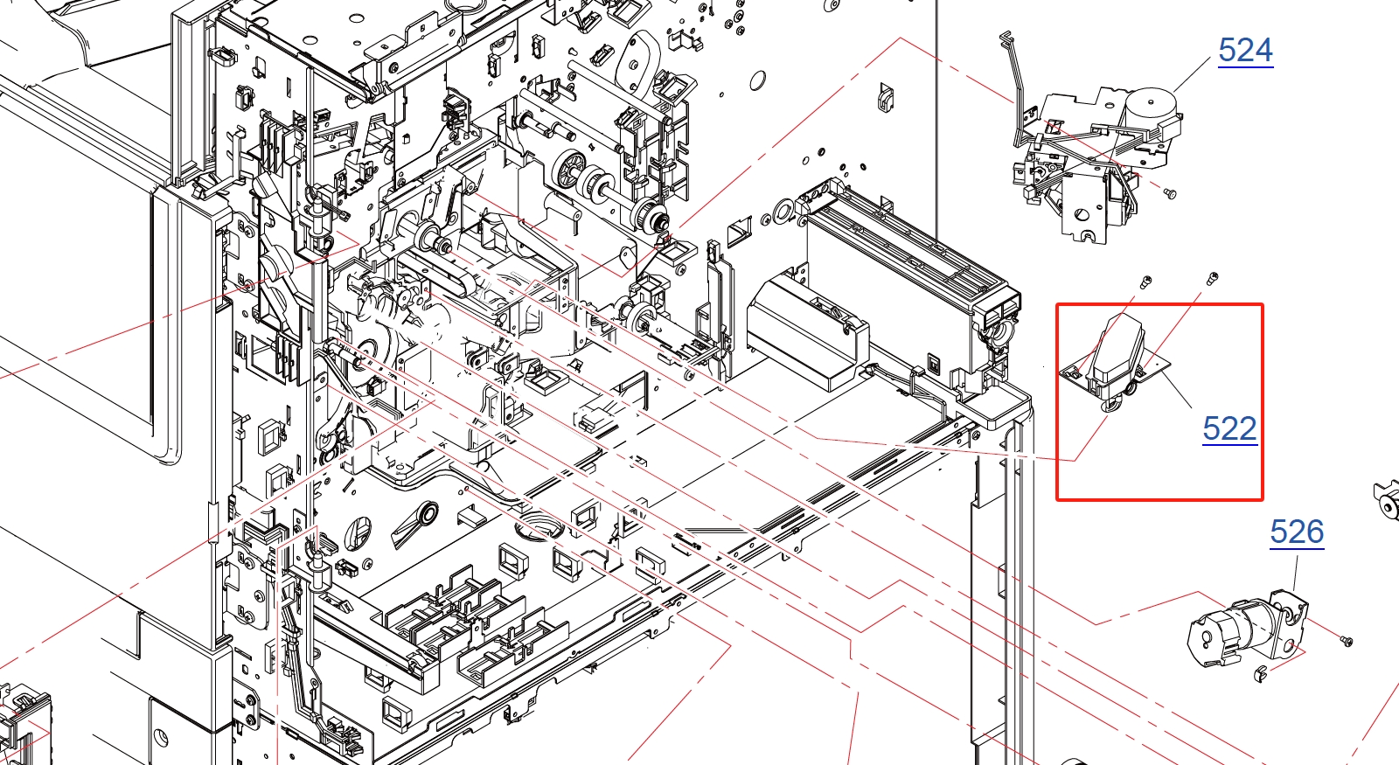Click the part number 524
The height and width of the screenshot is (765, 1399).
1245,50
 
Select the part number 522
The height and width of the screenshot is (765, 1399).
1229,428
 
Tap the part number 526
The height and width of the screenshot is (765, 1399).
1298,532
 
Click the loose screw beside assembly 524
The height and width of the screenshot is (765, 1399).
1170,193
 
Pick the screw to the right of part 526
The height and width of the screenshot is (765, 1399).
1347,641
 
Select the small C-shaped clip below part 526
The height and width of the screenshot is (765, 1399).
1259,673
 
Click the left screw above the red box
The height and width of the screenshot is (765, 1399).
1146,282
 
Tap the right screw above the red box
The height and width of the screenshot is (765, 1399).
1212,278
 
